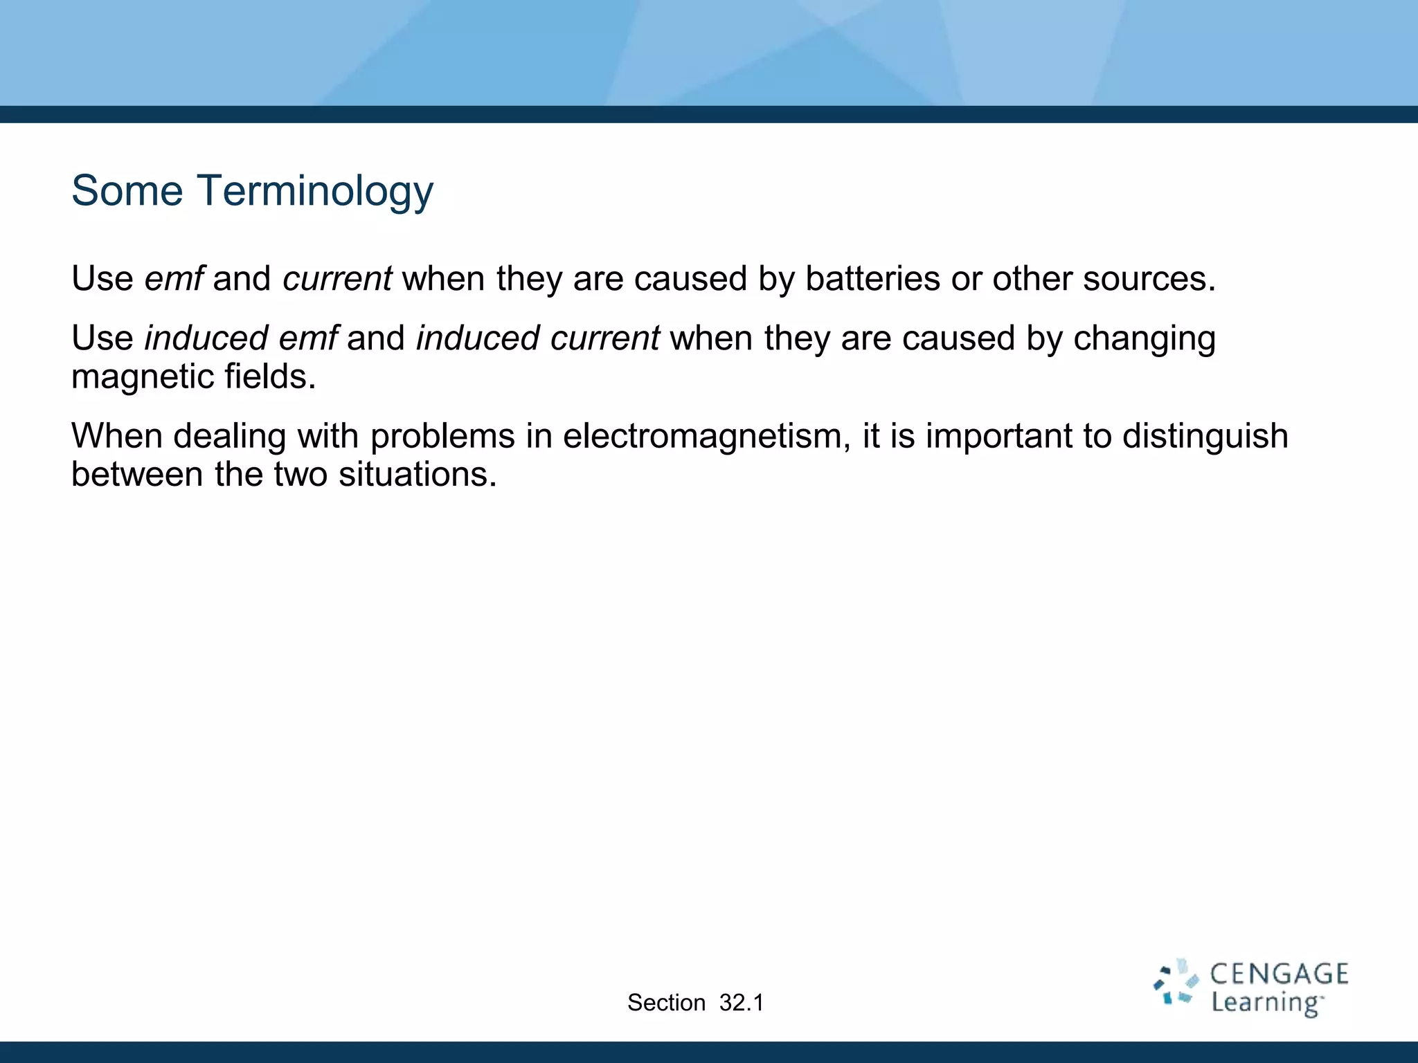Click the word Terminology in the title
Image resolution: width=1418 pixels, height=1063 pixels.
click(315, 191)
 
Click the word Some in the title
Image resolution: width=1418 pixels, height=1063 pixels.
click(127, 191)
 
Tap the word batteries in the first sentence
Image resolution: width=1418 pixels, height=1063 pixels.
click(872, 279)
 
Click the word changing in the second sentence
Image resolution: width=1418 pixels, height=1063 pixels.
click(1144, 339)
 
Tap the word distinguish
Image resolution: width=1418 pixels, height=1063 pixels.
click(1205, 437)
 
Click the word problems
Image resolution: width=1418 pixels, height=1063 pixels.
click(442, 437)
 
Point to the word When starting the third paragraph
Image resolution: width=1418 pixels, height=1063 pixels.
click(116, 437)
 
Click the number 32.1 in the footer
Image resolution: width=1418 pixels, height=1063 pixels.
click(741, 1003)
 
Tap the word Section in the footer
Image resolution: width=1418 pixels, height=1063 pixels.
click(666, 1003)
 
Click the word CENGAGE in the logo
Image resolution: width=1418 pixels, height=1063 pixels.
click(1278, 974)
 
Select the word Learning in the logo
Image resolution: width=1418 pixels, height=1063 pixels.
click(1266, 1003)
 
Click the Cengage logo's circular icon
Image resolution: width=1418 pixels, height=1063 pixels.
click(1176, 982)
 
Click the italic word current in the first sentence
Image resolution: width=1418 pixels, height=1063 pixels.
click(337, 279)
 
